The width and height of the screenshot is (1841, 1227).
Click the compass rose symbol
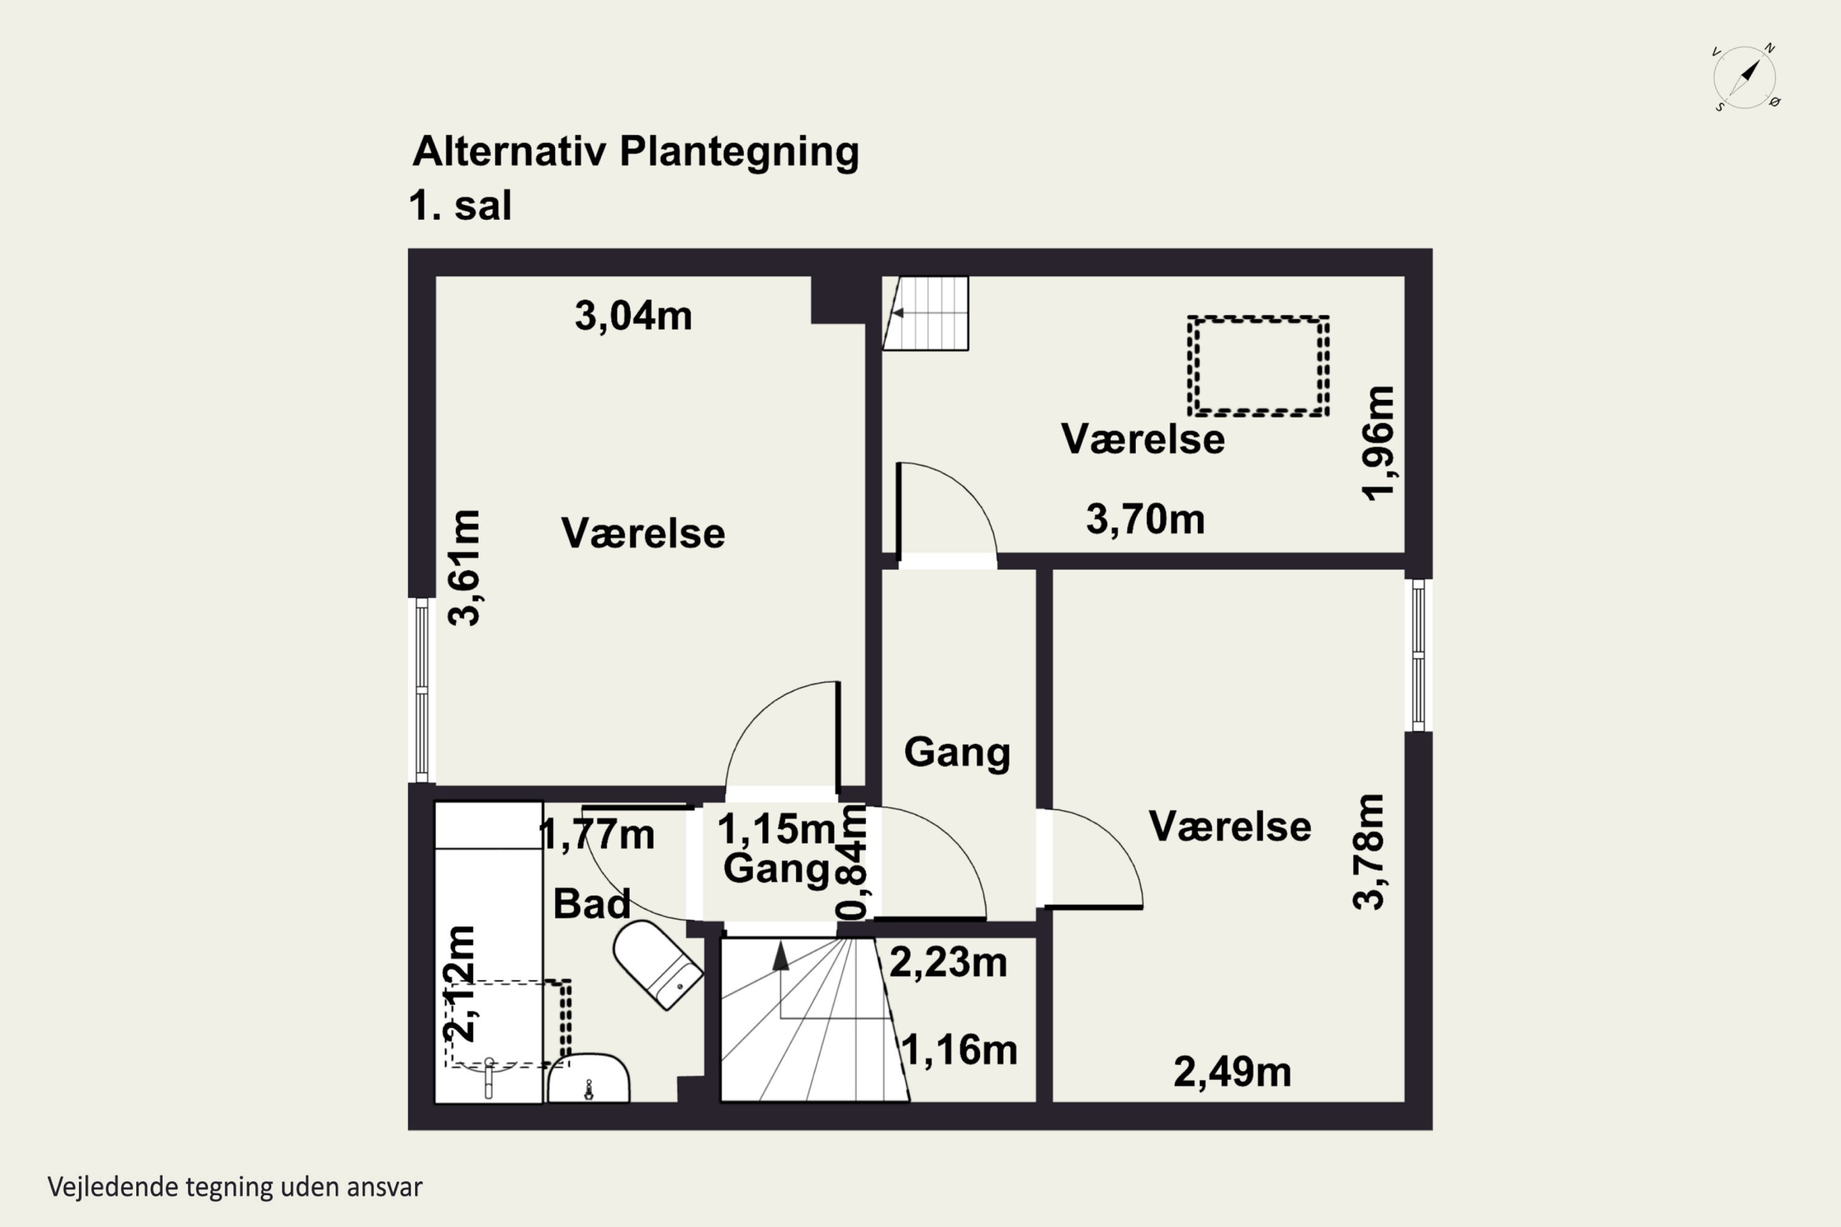pos(1745,77)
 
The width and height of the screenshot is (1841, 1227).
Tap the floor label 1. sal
pos(460,206)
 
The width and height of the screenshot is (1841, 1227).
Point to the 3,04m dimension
pos(633,316)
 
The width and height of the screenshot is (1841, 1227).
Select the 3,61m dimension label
pos(464,567)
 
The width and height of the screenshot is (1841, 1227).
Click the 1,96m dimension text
pos(1378,442)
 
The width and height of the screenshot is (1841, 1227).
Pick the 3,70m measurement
pos(1144,520)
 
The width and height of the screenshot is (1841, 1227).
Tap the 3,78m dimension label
pos(1369,852)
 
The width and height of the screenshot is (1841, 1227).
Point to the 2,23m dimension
pos(948,963)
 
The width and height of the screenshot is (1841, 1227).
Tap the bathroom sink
pos(588,1080)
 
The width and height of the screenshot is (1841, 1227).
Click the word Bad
pos(591,904)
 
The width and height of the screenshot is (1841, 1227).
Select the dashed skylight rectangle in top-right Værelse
pos(1258,366)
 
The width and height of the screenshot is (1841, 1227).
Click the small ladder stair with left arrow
pos(927,313)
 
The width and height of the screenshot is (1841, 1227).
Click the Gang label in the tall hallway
pos(957,752)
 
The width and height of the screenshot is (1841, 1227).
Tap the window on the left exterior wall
pos(422,690)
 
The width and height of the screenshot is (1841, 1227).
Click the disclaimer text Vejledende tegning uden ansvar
pos(235,1187)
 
